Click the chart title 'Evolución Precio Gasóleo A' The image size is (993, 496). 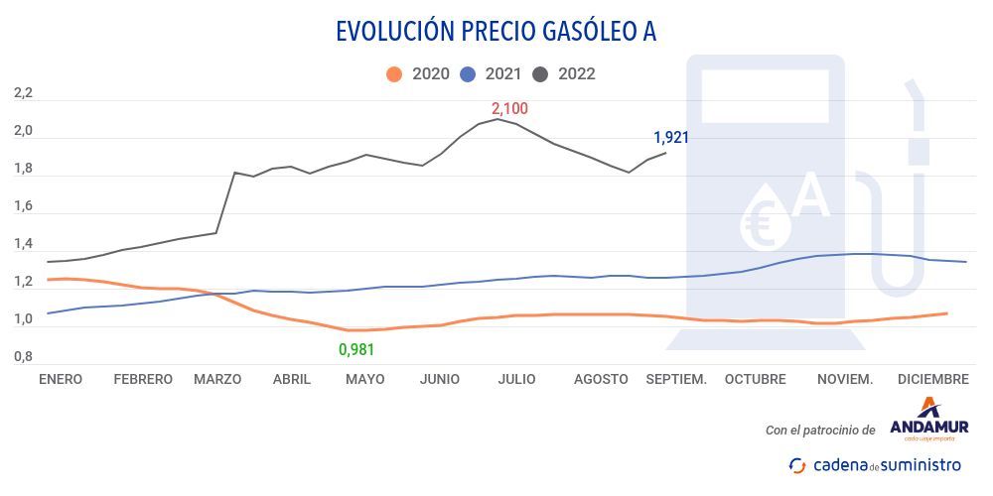[x=496, y=32]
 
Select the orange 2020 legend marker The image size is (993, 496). [x=394, y=74]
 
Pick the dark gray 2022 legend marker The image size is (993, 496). [x=541, y=74]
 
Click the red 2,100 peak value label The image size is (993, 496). [x=509, y=109]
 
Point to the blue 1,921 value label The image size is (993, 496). [x=670, y=138]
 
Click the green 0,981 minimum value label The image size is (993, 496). [x=356, y=349]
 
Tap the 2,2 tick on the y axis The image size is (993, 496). [x=23, y=93]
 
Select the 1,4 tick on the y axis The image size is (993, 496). [x=23, y=244]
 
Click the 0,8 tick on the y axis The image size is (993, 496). [x=23, y=356]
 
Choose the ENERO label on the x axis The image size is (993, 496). [x=61, y=379]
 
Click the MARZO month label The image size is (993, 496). [x=217, y=379]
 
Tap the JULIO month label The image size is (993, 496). [x=516, y=379]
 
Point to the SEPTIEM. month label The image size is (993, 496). [x=676, y=379]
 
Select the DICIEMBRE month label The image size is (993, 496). [x=932, y=379]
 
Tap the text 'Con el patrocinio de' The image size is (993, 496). [x=820, y=431]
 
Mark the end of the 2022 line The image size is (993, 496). [x=665, y=152]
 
